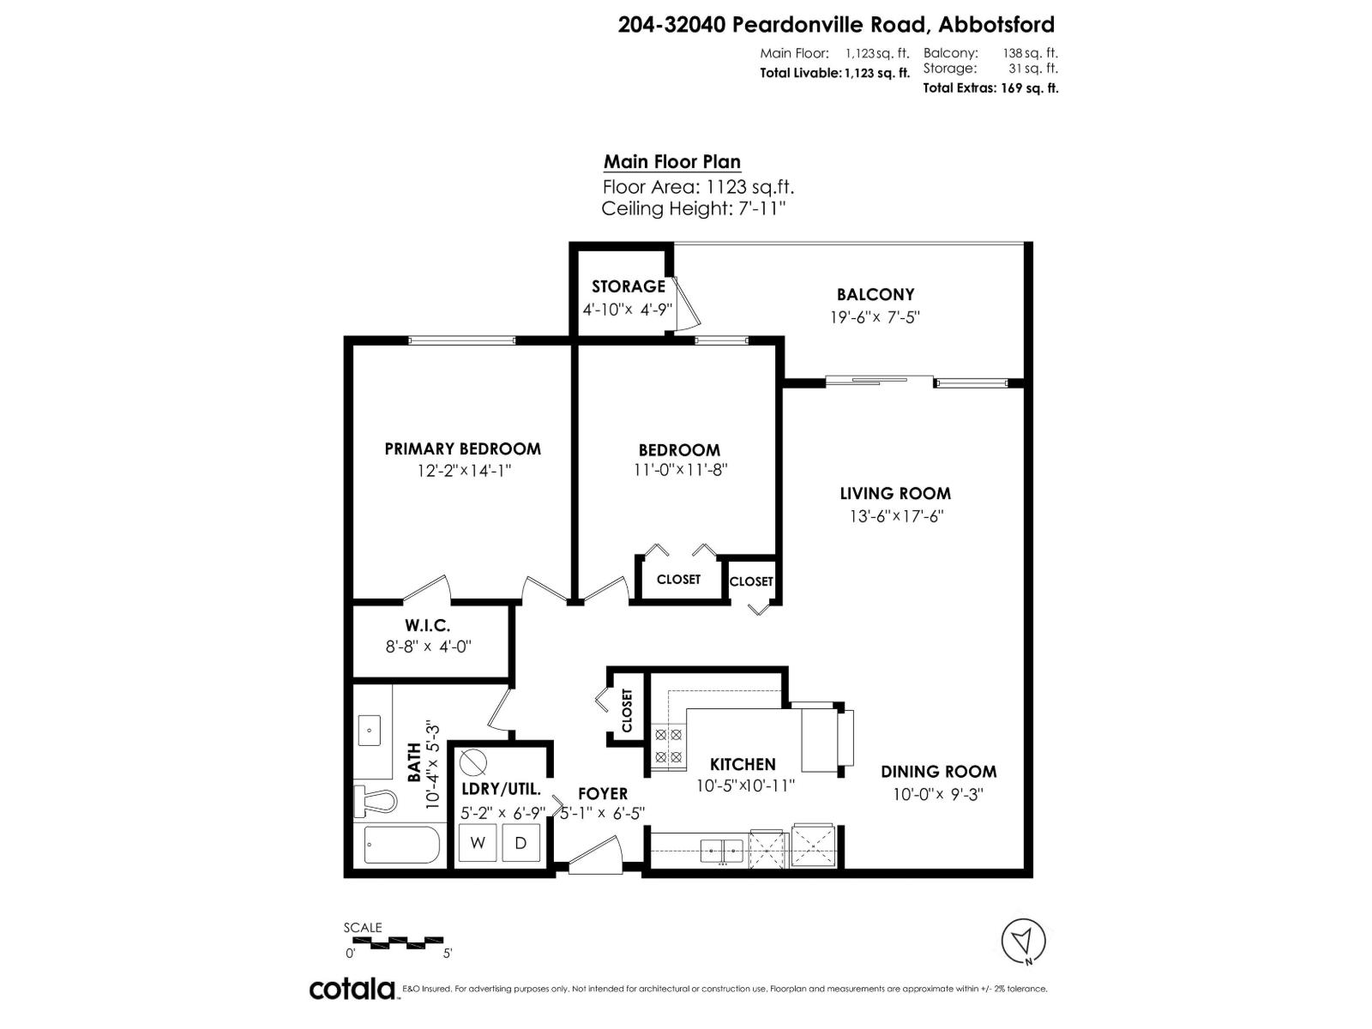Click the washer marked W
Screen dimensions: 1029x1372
point(478,842)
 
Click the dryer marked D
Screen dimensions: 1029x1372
point(520,842)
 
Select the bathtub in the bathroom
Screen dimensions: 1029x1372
point(402,845)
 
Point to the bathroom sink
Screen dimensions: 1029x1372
point(370,731)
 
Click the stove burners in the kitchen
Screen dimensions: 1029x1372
point(668,745)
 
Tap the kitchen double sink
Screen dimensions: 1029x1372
point(723,851)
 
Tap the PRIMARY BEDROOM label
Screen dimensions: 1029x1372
point(462,448)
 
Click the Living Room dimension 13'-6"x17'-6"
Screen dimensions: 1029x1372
point(895,516)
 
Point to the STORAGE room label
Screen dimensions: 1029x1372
point(628,286)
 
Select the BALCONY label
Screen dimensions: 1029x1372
point(876,294)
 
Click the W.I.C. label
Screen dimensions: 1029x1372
point(428,626)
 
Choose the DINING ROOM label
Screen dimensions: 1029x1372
point(938,772)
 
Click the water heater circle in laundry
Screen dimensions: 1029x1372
point(472,762)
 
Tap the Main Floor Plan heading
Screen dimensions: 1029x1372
point(671,161)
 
